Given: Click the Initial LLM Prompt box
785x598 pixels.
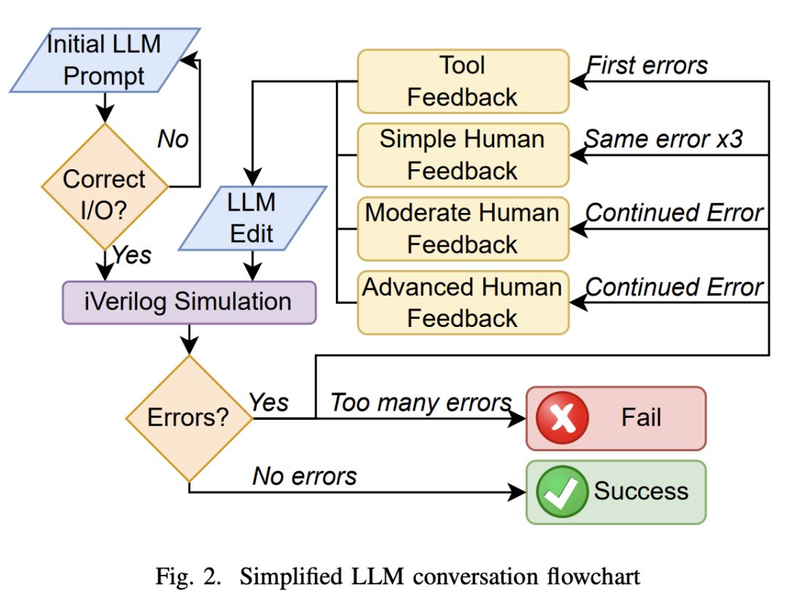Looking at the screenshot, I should tap(104, 60).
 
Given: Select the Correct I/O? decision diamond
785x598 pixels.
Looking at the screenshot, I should tap(104, 187).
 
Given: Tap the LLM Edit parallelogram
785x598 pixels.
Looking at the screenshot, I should tap(251, 217).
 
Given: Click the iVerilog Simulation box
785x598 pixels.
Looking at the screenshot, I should tap(188, 302).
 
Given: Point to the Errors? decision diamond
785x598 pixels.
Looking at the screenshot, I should tap(188, 418).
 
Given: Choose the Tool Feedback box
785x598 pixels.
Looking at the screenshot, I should tap(462, 81).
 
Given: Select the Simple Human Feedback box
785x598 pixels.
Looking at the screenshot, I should tap(462, 155).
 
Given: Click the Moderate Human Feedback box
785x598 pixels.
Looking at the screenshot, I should tap(462, 228).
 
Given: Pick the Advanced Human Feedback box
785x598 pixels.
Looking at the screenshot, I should tap(462, 302).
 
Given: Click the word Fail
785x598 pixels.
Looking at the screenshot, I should tap(641, 418).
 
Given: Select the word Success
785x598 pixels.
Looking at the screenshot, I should tap(641, 491).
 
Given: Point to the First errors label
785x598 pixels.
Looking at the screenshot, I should tap(648, 65).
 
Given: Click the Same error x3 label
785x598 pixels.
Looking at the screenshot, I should tap(664, 139).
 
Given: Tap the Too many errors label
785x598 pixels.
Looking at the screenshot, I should tap(421, 403).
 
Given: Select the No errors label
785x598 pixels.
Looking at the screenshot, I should tap(305, 476).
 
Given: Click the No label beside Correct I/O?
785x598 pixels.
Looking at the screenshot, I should tap(173, 139).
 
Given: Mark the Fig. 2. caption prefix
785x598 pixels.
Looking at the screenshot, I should tap(190, 577).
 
